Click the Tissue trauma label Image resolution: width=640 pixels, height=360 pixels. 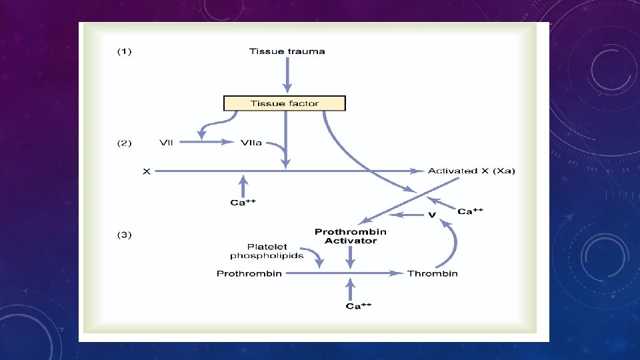[x=287, y=51]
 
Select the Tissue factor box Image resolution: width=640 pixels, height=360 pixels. [x=285, y=103]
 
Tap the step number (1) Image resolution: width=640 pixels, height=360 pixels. [x=125, y=51]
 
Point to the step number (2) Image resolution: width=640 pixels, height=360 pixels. [x=125, y=142]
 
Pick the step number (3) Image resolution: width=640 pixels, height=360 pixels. [x=125, y=235]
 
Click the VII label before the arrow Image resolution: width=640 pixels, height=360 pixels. [x=167, y=142]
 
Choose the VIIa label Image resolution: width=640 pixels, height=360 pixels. [x=251, y=142]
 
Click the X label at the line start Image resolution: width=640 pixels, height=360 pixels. [x=147, y=171]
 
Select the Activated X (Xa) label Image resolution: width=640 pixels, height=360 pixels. [x=471, y=171]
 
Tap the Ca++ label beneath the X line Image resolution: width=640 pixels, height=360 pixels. [x=243, y=203]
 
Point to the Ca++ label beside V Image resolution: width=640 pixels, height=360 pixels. [x=470, y=211]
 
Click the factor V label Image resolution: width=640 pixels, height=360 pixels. [x=431, y=215]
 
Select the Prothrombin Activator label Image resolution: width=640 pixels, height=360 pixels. [x=351, y=236]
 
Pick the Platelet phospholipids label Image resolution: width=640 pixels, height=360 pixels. [x=267, y=251]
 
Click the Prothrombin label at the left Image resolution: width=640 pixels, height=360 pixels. [x=249, y=273]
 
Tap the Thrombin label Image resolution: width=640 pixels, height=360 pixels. [x=433, y=273]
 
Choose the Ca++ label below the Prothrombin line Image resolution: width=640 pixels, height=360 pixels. [x=358, y=306]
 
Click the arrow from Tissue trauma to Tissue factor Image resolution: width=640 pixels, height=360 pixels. [x=287, y=75]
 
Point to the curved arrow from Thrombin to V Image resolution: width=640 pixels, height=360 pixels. [x=454, y=243]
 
